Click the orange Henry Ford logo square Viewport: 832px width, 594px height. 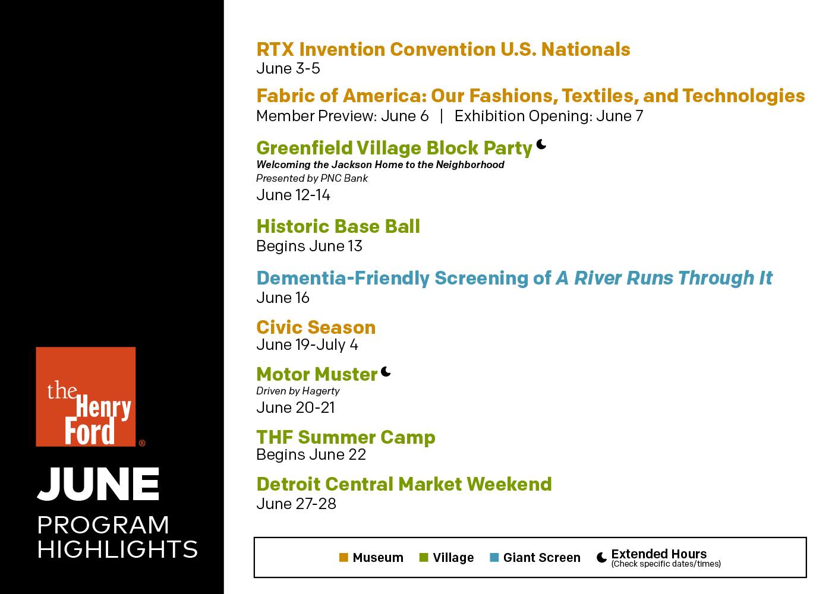pyautogui.click(x=86, y=397)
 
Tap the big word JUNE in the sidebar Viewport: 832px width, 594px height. pyautogui.click(x=98, y=484)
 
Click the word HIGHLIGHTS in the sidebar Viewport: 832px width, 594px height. pyautogui.click(x=118, y=549)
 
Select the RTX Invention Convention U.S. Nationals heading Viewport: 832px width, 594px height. pyautogui.click(x=443, y=49)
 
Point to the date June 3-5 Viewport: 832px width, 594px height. pyautogui.click(x=288, y=69)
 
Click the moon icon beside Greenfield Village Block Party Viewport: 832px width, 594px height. pyautogui.click(x=541, y=144)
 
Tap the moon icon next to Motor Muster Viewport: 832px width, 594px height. pyautogui.click(x=386, y=372)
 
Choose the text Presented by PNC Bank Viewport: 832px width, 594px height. pyautogui.click(x=312, y=179)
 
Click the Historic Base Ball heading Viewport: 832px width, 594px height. pyautogui.click(x=338, y=226)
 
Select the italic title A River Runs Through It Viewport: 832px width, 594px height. pyautogui.click(x=664, y=278)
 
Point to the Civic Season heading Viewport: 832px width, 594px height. pyautogui.click(x=316, y=327)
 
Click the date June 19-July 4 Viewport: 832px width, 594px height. pyautogui.click(x=307, y=345)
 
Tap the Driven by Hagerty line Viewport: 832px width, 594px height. pyautogui.click(x=298, y=391)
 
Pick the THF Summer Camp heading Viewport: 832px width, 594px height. pyautogui.click(x=346, y=437)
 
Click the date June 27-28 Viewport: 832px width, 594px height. pyautogui.click(x=297, y=504)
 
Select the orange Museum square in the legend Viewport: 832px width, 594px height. pyautogui.click(x=343, y=557)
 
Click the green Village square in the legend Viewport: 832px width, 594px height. pyautogui.click(x=423, y=557)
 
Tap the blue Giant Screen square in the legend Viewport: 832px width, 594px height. pyautogui.click(x=494, y=557)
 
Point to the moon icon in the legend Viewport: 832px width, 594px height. pyautogui.click(x=601, y=557)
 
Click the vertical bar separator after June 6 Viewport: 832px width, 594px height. pyautogui.click(x=441, y=116)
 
